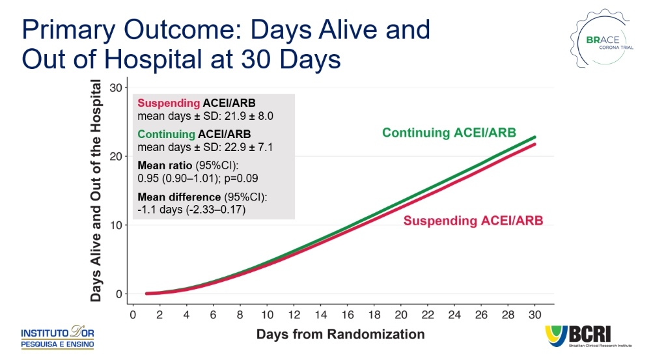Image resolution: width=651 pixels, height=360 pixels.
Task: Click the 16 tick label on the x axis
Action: pos(347,315)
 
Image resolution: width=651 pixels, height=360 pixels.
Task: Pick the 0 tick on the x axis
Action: pos(133,315)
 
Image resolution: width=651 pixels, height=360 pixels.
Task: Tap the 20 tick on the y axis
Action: pos(116,156)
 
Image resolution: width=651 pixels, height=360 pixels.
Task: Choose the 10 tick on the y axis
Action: pos(116,225)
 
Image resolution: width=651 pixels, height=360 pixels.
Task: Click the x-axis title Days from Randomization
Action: pos(340,335)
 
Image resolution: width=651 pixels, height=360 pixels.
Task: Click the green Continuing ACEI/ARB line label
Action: pos(449,133)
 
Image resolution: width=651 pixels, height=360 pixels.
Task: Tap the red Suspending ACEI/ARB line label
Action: pos(473,220)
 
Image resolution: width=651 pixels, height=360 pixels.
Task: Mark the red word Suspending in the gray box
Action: pos(169,104)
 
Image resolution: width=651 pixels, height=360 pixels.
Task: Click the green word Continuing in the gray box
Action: pos(167,134)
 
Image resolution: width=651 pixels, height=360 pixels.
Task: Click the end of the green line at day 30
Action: pos(535,137)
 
